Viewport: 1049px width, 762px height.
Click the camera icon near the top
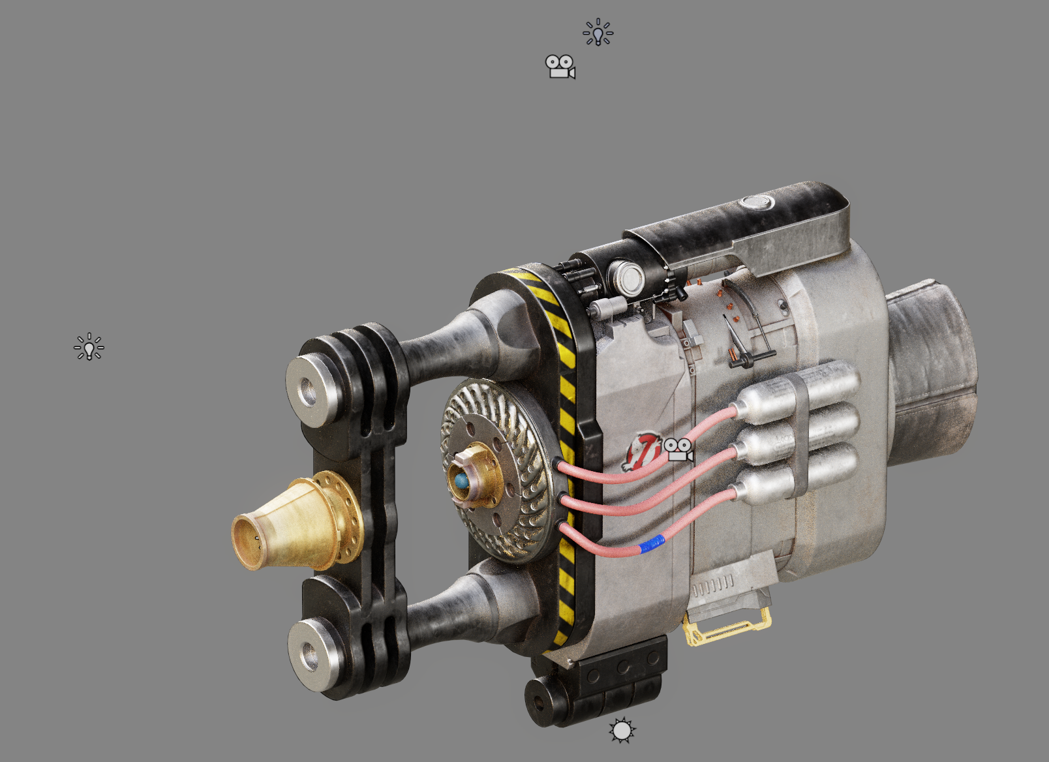point(560,67)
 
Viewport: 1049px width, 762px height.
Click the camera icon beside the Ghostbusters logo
point(678,450)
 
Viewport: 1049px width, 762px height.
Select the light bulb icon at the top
point(598,33)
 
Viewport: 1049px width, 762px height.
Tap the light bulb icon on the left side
point(89,347)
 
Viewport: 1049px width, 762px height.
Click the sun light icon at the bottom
point(622,731)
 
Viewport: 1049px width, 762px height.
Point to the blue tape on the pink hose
point(652,543)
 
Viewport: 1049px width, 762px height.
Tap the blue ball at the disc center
point(462,482)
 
